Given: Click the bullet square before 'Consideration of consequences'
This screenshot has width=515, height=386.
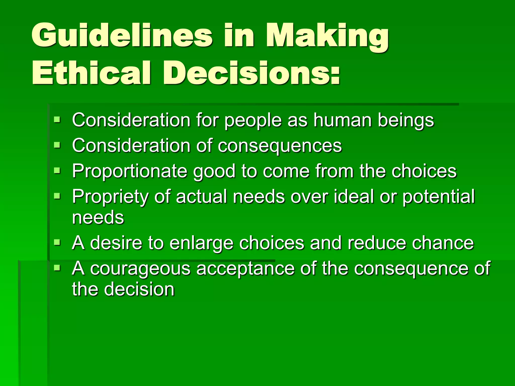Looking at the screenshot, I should tap(57, 145).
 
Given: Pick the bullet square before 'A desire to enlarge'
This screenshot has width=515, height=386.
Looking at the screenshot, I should tap(57, 242).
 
